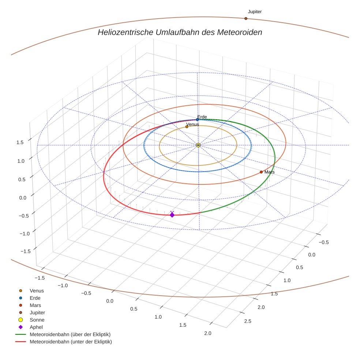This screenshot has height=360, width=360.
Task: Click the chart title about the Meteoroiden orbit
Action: click(x=180, y=32)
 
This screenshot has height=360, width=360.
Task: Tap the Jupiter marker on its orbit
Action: click(x=246, y=18)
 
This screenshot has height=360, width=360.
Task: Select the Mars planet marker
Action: click(x=261, y=172)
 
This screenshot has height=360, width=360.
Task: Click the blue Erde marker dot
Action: click(x=198, y=120)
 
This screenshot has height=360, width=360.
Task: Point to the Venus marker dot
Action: click(x=187, y=127)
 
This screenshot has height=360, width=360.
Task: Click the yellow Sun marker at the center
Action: click(x=198, y=145)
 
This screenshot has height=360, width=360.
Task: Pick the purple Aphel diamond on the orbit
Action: click(x=172, y=215)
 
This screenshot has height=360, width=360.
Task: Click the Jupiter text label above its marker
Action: click(x=255, y=12)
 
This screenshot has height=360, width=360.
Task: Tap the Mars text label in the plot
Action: click(x=270, y=172)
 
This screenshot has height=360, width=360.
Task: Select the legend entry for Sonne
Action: click(x=37, y=320)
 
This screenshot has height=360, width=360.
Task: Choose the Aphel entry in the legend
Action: click(x=36, y=327)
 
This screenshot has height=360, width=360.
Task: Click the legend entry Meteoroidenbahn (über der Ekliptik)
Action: click(x=70, y=334)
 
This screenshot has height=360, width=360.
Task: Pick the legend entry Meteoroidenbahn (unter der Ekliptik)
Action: click(x=71, y=342)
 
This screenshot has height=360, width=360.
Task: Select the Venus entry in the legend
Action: click(x=37, y=290)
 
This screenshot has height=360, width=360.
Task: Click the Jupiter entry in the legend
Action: click(x=37, y=312)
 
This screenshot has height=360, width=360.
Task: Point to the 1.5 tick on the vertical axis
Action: click(x=20, y=143)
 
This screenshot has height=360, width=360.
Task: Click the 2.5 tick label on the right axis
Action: click(x=247, y=321)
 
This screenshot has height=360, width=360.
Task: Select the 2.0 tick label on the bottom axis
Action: click(x=208, y=333)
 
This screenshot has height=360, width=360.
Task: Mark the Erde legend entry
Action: click(x=35, y=298)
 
